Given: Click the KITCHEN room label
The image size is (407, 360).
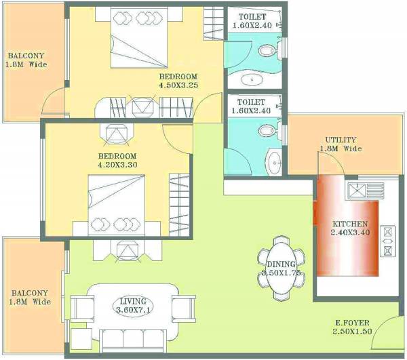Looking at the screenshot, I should [x=350, y=224].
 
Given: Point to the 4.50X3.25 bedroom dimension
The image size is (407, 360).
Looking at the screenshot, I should [x=178, y=85].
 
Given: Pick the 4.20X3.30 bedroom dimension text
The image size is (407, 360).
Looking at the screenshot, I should [x=117, y=163].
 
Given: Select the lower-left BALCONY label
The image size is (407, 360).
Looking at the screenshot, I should [x=30, y=293].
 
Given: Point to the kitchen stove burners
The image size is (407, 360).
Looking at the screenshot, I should [x=389, y=240].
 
